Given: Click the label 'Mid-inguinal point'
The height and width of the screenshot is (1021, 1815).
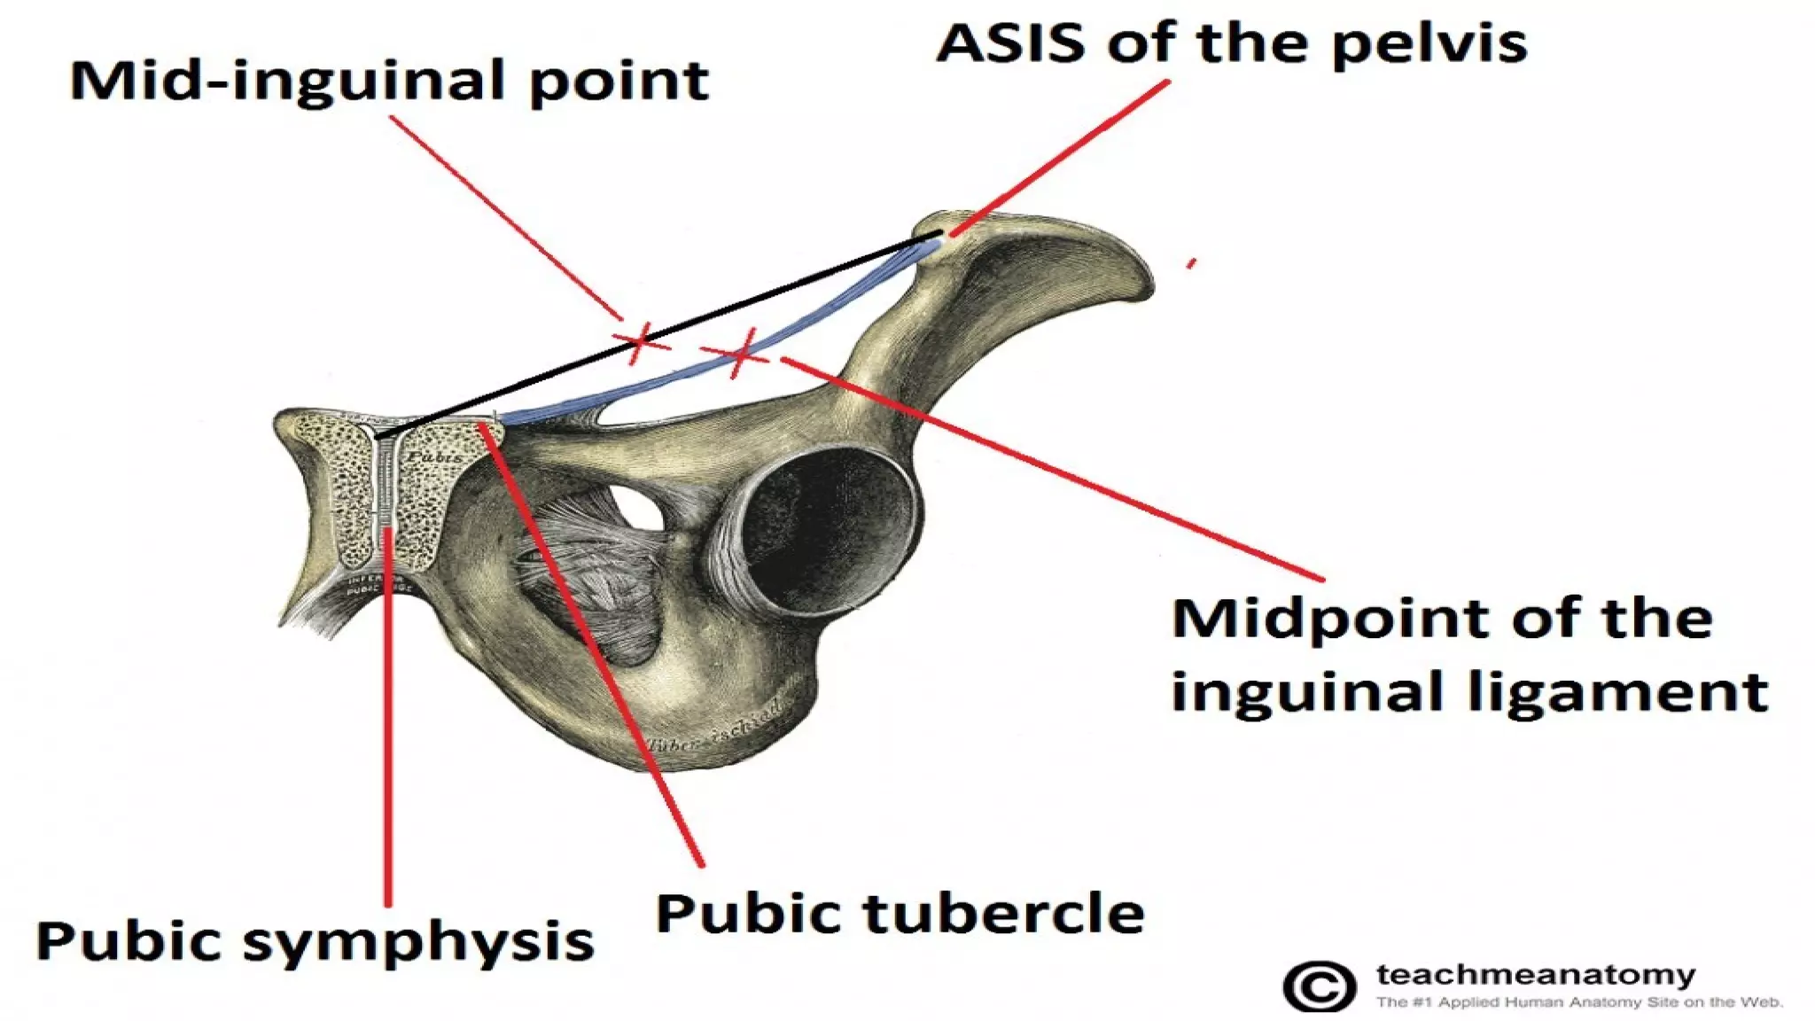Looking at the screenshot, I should point(390,82).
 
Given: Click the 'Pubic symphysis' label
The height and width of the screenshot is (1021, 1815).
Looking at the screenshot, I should point(315,941).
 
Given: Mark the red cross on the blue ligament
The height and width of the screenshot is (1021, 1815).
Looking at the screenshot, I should point(741,354).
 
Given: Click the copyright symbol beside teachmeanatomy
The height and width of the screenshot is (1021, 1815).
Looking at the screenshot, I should point(1320,986).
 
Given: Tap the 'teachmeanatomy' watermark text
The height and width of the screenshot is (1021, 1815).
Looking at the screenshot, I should point(1536,975).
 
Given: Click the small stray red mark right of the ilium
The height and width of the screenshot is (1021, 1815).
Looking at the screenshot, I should point(1192,263).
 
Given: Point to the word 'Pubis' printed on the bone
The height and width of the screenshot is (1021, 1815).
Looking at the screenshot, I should point(434,456).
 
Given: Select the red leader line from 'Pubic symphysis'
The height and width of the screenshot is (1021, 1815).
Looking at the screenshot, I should point(387,709).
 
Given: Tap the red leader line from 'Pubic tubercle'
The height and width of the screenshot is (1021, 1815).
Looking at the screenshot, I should point(594,647).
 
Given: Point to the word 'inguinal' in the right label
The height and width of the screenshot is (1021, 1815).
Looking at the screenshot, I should point(1312,691).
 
